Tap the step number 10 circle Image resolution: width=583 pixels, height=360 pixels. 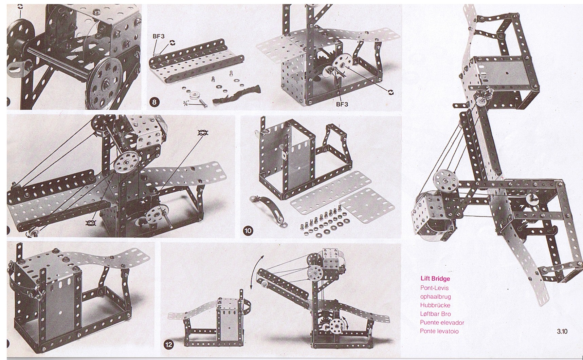click(x=248, y=231)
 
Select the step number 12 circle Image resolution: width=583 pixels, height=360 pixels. click(x=168, y=345)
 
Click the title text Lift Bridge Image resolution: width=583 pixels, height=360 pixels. click(x=435, y=279)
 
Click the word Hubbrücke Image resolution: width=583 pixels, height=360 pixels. click(x=435, y=305)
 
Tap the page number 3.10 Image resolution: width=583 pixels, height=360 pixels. click(x=562, y=331)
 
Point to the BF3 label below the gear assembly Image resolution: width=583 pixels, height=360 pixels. click(x=342, y=104)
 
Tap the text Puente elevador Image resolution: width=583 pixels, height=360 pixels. click(x=442, y=322)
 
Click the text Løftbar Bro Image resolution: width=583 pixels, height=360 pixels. click(x=436, y=314)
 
